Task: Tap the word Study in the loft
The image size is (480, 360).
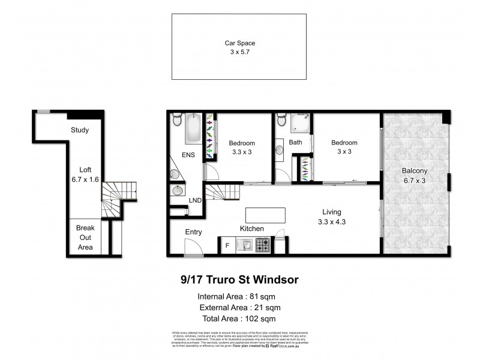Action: click(80, 130)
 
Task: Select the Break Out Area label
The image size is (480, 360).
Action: click(85, 238)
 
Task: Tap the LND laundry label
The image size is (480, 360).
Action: click(195, 200)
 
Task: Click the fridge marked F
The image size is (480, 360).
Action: click(227, 244)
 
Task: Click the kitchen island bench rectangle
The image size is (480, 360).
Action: click(265, 215)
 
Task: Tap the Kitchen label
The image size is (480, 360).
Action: click(252, 229)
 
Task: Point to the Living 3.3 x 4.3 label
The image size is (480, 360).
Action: click(331, 217)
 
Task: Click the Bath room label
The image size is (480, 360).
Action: click(295, 143)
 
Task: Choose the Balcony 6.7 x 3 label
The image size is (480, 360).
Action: click(414, 175)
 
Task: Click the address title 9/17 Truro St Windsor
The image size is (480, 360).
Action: click(240, 280)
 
